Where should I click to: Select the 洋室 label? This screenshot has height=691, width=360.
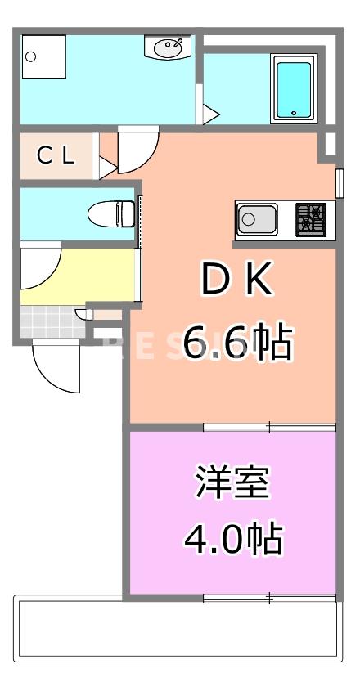tap(232, 482)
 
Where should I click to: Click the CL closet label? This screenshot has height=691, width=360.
tap(56, 155)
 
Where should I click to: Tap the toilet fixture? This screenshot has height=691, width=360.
tap(111, 214)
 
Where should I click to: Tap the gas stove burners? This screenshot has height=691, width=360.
tap(311, 218)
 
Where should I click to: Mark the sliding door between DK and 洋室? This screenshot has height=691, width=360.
tap(269, 426)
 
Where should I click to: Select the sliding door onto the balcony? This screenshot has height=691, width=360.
tap(269, 598)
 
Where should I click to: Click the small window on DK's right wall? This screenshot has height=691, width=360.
tap(339, 183)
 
